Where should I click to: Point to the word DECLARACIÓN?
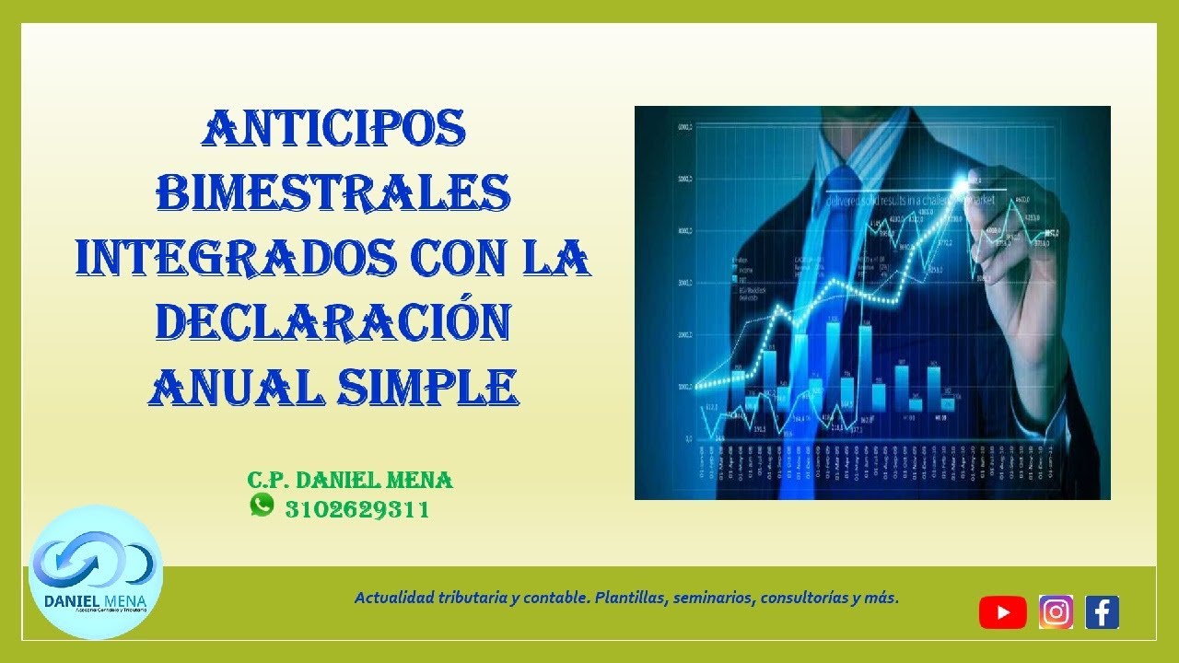(333, 321)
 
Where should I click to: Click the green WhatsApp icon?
(263, 505)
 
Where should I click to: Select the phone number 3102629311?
(357, 509)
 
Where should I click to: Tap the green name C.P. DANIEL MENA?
(350, 480)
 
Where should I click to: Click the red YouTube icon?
(1002, 612)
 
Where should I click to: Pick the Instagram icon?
(1056, 612)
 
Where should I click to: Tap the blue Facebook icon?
(1103, 612)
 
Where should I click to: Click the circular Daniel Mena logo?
(96, 572)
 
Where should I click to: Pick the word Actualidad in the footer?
(397, 598)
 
